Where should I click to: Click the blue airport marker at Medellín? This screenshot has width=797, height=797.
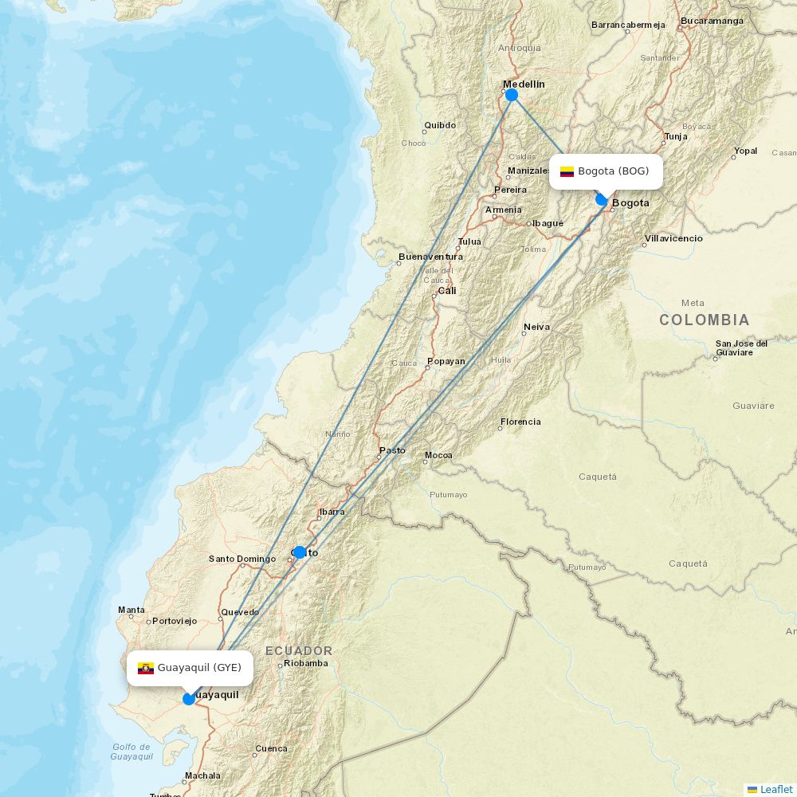[512, 95]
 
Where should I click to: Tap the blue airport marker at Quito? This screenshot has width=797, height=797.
[300, 552]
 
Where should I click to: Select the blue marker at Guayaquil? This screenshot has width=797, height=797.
[189, 699]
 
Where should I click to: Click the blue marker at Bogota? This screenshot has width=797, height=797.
[602, 199]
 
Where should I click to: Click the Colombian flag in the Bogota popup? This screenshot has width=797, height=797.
[567, 171]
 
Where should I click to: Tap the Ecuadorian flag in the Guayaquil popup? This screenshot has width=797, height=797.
[146, 668]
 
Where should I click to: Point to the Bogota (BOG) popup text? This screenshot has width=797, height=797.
[614, 171]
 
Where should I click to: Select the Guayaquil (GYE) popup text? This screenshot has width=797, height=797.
[199, 668]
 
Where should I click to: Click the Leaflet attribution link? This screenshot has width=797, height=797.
[775, 789]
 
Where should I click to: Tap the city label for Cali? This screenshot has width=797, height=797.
[447, 291]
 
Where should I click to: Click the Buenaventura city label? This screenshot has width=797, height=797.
[430, 257]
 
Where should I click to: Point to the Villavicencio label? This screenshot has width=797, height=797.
[673, 238]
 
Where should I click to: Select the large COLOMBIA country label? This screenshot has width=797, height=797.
[704, 320]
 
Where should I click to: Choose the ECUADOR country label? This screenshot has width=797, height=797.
[299, 651]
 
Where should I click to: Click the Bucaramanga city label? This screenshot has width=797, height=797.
[712, 21]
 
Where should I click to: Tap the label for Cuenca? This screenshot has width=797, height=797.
[271, 749]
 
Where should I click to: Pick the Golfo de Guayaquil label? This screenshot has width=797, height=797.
[132, 752]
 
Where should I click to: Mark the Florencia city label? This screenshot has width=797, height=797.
[520, 422]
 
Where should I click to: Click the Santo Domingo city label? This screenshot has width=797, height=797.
[242, 559]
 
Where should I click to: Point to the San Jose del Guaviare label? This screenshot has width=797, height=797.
[741, 347]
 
